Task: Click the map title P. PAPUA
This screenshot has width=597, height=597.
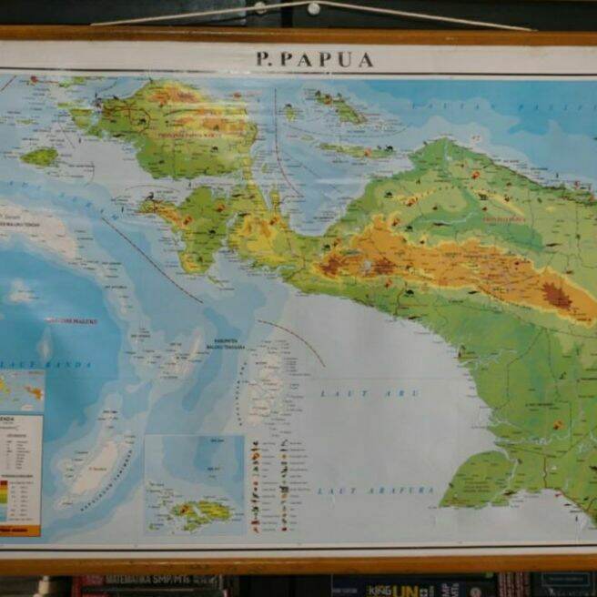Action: coord(315,59)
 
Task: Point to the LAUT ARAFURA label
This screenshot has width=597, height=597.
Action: coord(376,491)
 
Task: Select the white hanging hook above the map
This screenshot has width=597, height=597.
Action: coord(313,8)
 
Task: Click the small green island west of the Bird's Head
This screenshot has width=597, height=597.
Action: coord(40,157)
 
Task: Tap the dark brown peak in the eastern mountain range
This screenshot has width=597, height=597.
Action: coord(556,296)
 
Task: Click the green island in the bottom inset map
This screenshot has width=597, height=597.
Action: coord(201,511)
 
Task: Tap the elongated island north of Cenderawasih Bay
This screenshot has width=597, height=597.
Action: coord(341,109)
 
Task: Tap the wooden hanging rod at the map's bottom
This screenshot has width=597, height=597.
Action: coord(298,564)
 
